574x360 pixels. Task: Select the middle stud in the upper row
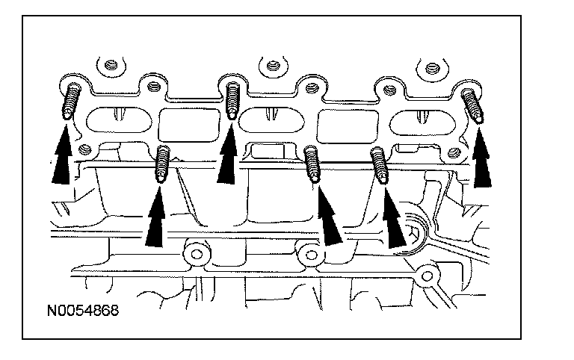(232, 98)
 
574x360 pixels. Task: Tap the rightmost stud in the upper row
(472, 105)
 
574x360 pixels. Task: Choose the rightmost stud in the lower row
(380, 164)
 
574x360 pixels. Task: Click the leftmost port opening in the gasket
(117, 118)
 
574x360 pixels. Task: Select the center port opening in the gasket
(274, 118)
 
